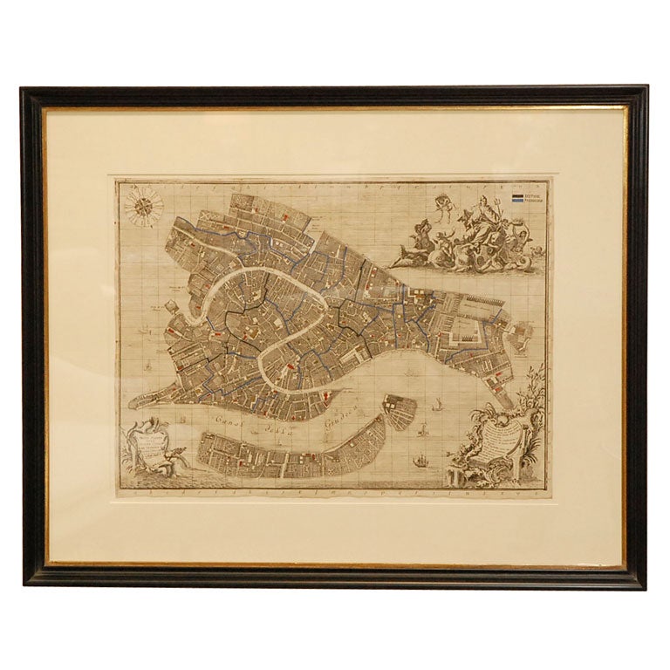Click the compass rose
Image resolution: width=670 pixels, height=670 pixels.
point(145,208)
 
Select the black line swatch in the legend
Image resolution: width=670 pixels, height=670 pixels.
point(517,196)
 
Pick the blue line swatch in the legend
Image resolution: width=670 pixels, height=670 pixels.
point(517,202)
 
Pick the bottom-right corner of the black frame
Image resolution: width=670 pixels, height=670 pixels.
point(646,585)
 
